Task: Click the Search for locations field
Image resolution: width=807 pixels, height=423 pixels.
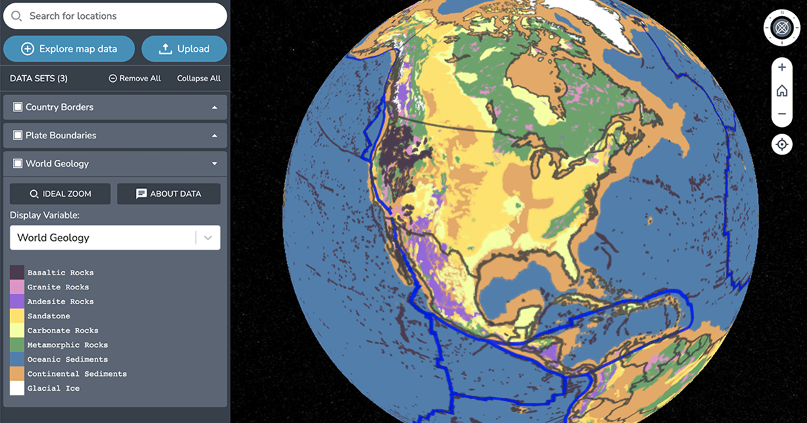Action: (121, 16)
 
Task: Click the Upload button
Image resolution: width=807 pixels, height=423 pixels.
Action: (184, 49)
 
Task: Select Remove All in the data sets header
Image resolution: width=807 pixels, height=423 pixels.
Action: (134, 79)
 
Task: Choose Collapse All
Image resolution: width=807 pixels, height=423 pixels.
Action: (198, 79)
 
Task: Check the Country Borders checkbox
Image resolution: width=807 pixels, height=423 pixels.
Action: (18, 107)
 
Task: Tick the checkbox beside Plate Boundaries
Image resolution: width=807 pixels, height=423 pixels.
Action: (18, 136)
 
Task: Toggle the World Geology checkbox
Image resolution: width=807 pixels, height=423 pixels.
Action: (18, 164)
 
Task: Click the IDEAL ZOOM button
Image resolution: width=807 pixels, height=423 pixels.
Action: (60, 194)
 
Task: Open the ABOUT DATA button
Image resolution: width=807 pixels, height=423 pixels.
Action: (168, 194)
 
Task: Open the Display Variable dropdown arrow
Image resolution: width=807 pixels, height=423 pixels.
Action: (208, 238)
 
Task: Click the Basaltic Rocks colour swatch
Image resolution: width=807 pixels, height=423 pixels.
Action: (17, 273)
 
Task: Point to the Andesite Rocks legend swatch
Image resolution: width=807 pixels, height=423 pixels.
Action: (17, 301)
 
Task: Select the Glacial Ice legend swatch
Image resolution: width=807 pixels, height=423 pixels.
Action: (17, 388)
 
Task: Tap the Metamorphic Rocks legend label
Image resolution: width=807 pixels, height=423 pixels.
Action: (67, 345)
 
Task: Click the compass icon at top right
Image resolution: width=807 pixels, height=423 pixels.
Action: (781, 28)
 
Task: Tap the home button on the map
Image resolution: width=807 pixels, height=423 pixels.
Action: (781, 91)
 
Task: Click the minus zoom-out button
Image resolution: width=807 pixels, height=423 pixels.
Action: (781, 114)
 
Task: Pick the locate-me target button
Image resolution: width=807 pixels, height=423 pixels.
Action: (781, 144)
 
